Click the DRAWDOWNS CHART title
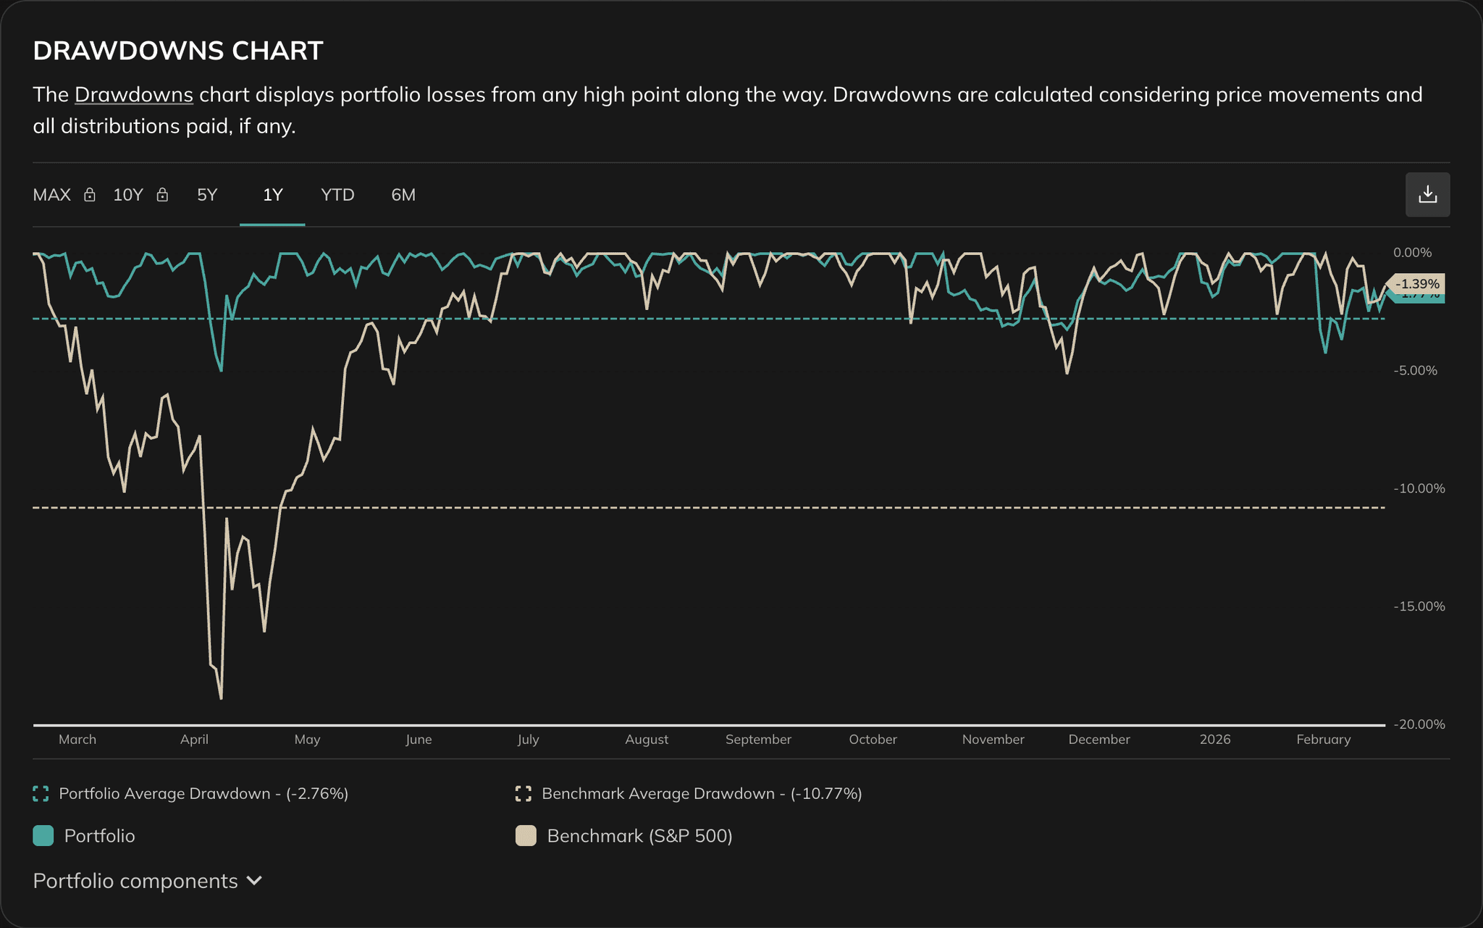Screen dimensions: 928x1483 (x=178, y=51)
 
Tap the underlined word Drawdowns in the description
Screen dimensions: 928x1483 (x=133, y=95)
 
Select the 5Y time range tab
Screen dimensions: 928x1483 (x=207, y=195)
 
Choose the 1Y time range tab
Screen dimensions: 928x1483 (x=272, y=195)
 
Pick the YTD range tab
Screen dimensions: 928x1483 (x=337, y=195)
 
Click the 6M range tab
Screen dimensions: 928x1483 (x=403, y=195)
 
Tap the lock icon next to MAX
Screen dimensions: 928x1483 (x=90, y=195)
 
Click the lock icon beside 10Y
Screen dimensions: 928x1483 (x=163, y=195)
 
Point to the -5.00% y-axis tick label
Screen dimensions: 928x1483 (x=1415, y=371)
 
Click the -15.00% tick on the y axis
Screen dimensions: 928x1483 (x=1419, y=606)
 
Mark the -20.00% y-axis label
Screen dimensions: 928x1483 (x=1419, y=724)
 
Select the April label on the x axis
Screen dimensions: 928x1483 (x=194, y=740)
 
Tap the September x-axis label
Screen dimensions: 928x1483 (x=758, y=740)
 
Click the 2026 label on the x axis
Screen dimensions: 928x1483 (x=1214, y=740)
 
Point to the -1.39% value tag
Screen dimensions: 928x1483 (x=1417, y=283)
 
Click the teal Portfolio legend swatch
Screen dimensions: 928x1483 (x=43, y=836)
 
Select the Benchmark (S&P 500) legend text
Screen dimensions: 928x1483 (x=639, y=836)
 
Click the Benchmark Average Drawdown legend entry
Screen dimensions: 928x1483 (x=701, y=794)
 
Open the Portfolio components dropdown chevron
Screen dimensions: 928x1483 (x=254, y=881)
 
